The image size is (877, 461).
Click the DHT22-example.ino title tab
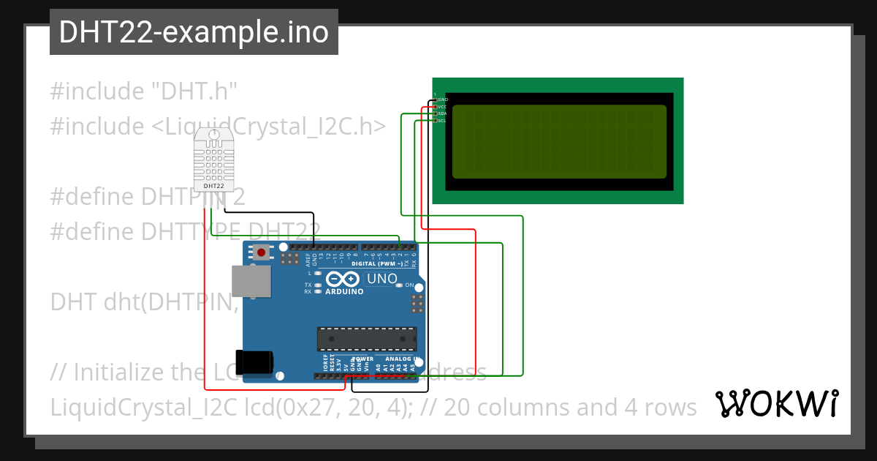pos(194,32)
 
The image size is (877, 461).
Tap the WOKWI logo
pos(776,403)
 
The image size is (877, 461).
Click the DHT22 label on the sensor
pos(213,186)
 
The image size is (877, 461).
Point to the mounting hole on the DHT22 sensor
pos(213,135)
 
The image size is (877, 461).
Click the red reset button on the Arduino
pos(261,253)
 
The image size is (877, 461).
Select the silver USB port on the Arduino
pos(250,282)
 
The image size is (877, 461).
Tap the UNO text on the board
pos(381,279)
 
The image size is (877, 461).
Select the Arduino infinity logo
pos(343,279)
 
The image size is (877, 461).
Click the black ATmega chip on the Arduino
pos(366,339)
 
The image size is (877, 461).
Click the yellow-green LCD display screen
pos(559,142)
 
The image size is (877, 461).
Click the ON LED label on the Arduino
pos(409,285)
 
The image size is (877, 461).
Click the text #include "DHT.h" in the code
pos(144,91)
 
